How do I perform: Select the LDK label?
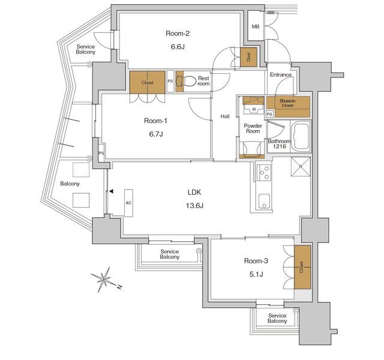194,193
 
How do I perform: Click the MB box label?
256,27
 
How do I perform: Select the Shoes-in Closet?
293,106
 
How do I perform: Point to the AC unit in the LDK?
128,203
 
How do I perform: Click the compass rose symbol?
104,279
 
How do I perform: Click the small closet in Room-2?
248,56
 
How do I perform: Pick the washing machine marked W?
251,107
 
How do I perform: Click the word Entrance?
280,75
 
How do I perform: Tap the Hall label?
225,116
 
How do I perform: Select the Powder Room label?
253,128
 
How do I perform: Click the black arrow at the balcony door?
111,192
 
